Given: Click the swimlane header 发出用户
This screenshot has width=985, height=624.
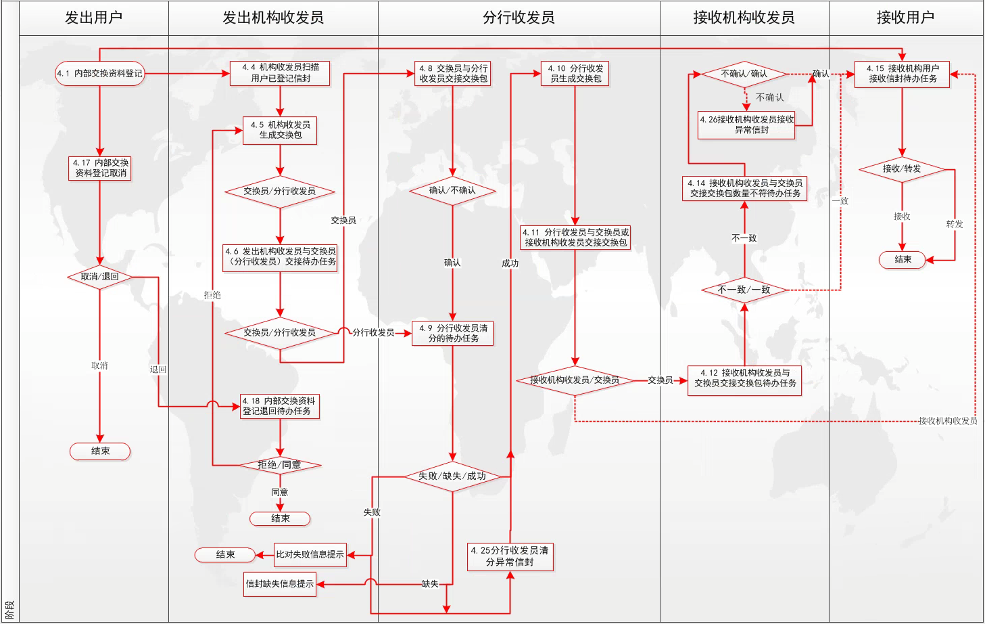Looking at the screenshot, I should coord(94,18).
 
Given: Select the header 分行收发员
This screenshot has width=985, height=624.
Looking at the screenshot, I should coord(519,18).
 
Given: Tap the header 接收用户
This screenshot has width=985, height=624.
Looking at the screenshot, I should coord(905,18).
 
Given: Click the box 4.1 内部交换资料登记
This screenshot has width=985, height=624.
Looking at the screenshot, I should coord(100,73).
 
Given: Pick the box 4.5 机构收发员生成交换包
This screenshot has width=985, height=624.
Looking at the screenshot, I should coord(280,130).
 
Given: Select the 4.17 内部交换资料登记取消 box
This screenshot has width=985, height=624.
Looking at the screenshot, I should coord(100,168).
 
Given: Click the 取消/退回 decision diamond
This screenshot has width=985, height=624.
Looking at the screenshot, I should coord(99,277).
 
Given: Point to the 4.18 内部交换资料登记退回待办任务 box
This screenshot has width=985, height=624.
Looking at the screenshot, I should coord(280,406).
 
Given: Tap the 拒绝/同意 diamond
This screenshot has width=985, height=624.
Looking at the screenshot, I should coord(280,465).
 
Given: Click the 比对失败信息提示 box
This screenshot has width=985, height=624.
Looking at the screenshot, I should coord(310,554).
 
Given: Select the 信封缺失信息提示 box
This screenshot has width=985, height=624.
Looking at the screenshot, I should coord(280,583).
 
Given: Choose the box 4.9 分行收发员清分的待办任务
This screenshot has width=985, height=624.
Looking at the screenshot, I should coord(453,333).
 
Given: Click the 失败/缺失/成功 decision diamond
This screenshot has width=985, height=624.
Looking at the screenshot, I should coord(452,476).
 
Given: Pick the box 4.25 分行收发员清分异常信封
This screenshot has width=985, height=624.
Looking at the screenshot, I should coord(510,556).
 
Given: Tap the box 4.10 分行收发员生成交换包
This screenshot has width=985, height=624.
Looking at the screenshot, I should coord(575,74).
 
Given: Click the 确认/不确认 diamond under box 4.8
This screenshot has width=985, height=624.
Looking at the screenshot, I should coord(452,191).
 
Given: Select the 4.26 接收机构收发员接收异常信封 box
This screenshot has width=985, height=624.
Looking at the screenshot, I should coord(746,125).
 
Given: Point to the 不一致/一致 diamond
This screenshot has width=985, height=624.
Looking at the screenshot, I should coord(744,290).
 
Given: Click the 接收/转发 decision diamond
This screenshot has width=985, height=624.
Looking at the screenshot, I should coord(902,169).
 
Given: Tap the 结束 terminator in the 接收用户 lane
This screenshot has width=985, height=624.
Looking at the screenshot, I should coord(903,260).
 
